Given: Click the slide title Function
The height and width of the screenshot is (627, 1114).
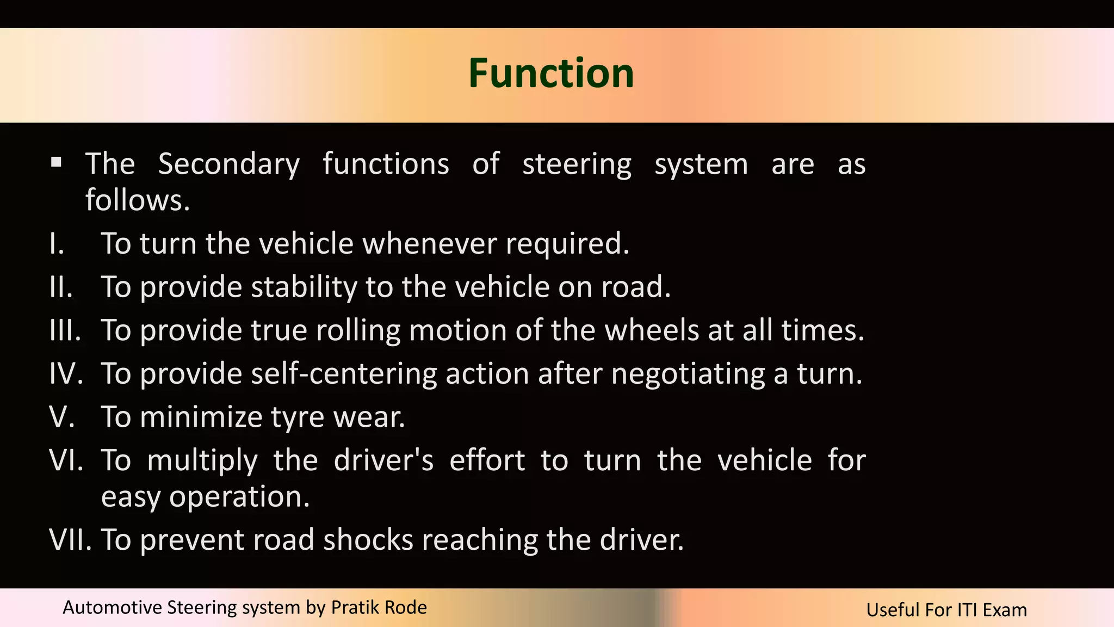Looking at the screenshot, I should click(x=551, y=73).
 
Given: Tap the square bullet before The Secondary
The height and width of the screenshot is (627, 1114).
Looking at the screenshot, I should click(x=56, y=162).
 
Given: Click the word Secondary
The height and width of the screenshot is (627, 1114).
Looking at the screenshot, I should click(x=229, y=164).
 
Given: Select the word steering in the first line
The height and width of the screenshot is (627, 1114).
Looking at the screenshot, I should click(x=577, y=164).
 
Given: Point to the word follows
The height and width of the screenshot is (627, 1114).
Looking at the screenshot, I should click(x=137, y=200).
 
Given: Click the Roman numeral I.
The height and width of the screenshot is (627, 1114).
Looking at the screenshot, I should click(x=57, y=243).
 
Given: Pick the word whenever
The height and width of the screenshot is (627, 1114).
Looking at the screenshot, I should click(x=429, y=243).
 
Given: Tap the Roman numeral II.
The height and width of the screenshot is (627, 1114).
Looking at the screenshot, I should click(x=61, y=287).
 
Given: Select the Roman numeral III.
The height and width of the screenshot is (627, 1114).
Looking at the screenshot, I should click(x=65, y=330).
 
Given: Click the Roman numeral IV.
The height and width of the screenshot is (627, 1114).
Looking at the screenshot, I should click(x=66, y=374).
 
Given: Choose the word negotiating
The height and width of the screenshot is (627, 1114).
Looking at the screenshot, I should click(x=688, y=374).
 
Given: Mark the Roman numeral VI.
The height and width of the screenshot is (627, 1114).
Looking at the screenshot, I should click(x=66, y=460).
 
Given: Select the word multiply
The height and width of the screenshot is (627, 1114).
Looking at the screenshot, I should click(x=202, y=462).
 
